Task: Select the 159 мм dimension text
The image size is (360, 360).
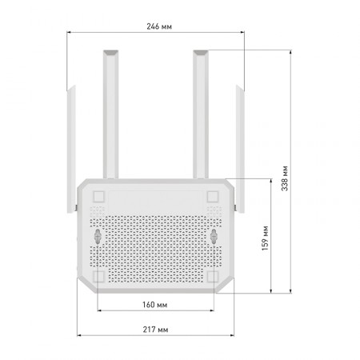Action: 265,238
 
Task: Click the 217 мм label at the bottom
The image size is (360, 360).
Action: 157,329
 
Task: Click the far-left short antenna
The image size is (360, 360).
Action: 70,144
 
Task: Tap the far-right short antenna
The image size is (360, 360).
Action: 240,144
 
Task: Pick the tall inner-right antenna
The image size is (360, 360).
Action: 200,112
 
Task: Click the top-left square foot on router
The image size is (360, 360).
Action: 99,196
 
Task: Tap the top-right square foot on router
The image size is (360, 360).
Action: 213,196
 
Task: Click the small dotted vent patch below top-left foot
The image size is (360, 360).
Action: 99,210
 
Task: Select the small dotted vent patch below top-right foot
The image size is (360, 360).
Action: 213,210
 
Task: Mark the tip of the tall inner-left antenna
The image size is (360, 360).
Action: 110,53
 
